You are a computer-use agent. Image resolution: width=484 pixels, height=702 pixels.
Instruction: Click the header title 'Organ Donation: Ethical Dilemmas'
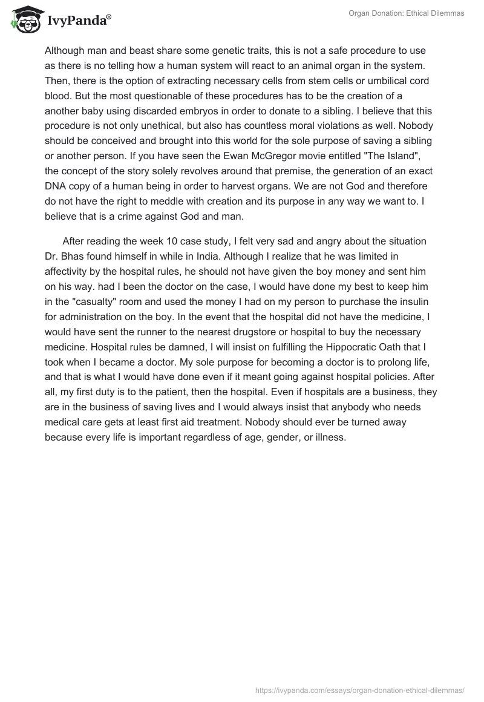(x=407, y=13)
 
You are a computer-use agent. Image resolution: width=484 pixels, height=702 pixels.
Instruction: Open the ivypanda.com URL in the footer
(x=360, y=689)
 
